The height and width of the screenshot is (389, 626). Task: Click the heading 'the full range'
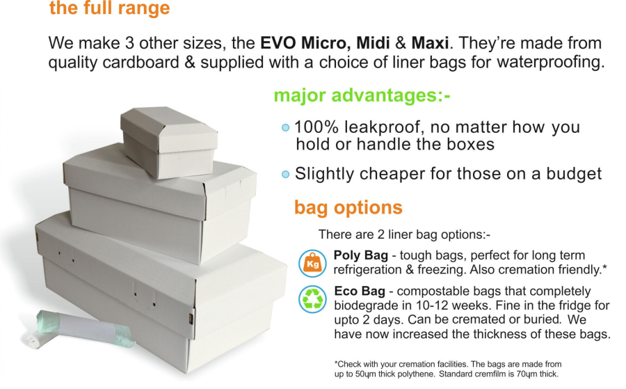point(109,8)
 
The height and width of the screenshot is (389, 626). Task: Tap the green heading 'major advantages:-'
point(362,95)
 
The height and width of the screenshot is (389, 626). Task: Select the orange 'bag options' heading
point(348,207)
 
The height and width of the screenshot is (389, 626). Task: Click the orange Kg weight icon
point(312,263)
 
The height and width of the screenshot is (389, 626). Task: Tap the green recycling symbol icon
point(312,299)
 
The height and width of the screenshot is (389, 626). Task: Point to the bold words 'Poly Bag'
point(360,255)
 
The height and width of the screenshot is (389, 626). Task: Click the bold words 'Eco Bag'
point(360,291)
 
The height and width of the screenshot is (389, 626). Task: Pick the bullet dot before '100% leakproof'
point(285,128)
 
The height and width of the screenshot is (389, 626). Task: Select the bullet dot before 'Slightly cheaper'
point(285,175)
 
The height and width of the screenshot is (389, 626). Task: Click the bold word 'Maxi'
point(430,42)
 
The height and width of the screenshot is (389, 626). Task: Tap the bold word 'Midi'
point(373,42)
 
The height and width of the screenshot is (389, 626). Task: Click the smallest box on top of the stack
point(169,142)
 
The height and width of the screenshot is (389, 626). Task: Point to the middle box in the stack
point(160,207)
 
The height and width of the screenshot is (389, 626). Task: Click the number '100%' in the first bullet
point(316,127)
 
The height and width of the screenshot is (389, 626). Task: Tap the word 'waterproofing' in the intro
point(551,63)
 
